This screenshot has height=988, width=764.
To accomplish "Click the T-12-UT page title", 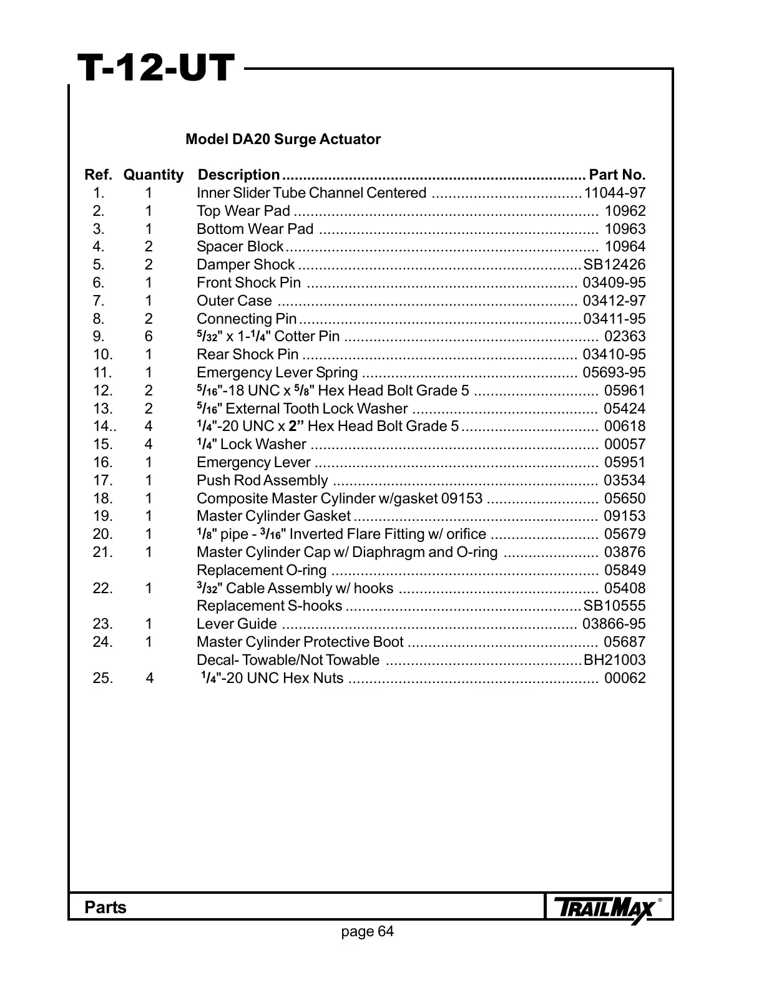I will tap(155, 69).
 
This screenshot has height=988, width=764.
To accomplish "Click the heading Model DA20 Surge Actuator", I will tap(283, 139).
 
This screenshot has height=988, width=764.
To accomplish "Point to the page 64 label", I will tap(368, 932).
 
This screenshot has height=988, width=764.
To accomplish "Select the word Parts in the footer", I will tap(105, 908).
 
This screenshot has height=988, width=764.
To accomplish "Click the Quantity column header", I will tap(154, 175).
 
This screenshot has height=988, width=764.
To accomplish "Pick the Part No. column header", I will tap(617, 175).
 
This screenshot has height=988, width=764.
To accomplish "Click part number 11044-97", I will tap(615, 193).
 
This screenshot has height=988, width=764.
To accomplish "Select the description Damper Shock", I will tap(245, 265).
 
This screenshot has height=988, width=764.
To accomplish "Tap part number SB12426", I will tap(614, 265).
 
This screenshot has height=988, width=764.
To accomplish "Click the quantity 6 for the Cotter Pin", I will tap(149, 337).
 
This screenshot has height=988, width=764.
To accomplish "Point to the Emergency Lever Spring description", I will tap(277, 373).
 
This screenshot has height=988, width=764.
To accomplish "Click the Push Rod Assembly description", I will tap(262, 480).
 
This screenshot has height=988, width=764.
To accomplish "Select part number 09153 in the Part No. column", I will tap(625, 516).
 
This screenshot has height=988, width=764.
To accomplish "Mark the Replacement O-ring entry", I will tap(262, 570).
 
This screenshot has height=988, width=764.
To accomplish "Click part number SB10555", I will tap(614, 606).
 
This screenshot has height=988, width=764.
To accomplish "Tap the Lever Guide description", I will tap(237, 624).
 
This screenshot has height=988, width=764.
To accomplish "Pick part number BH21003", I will tap(614, 660).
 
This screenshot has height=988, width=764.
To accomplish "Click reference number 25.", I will tap(103, 678).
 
